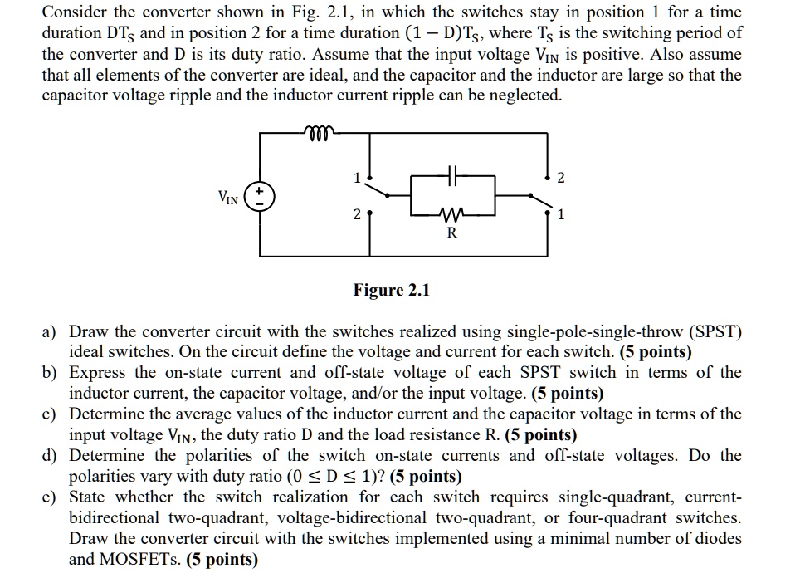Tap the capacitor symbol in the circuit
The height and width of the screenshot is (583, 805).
pyautogui.click(x=452, y=177)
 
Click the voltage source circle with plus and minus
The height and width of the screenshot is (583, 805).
pyautogui.click(x=261, y=196)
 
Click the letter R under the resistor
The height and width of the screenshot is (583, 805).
pyautogui.click(x=451, y=233)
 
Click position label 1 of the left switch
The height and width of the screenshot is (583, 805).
pyautogui.click(x=358, y=177)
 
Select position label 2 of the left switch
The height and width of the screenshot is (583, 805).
pyautogui.click(x=357, y=215)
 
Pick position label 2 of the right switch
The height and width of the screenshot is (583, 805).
pyautogui.click(x=562, y=177)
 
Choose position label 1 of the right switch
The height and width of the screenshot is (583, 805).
pyautogui.click(x=562, y=215)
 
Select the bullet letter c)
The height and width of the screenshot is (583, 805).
pyautogui.click(x=50, y=414)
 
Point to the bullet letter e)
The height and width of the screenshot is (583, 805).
pyautogui.click(x=50, y=497)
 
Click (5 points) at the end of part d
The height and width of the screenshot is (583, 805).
pyautogui.click(x=426, y=476)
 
